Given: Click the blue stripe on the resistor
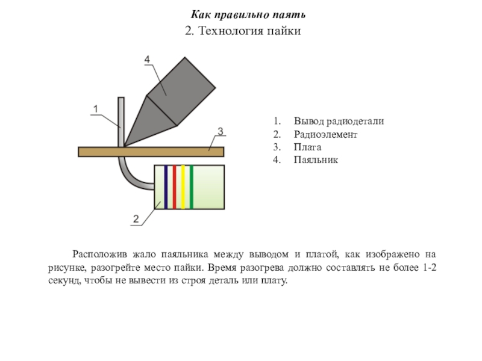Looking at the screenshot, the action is [x=166, y=187].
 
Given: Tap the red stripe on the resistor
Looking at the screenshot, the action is [x=174, y=187].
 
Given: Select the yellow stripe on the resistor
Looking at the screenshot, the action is [x=183, y=187].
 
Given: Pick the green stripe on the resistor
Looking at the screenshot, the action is [x=192, y=187].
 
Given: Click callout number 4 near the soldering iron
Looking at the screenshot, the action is [x=147, y=59].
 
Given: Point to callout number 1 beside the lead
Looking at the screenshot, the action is [x=96, y=109].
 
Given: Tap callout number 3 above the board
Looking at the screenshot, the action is [x=220, y=131].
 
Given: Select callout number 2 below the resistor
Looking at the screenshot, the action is [x=136, y=219].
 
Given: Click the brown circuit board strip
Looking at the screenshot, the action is [x=151, y=152].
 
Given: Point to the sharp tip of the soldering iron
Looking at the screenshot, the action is [x=124, y=146].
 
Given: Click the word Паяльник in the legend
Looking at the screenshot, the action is [x=316, y=160].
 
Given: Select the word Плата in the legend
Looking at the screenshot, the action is [x=307, y=147].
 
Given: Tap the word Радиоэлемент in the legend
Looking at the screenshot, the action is [x=325, y=134].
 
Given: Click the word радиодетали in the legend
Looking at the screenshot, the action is [x=355, y=122].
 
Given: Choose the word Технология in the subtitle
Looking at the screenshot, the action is [x=231, y=31].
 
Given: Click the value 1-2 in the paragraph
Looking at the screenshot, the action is [x=430, y=267].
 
